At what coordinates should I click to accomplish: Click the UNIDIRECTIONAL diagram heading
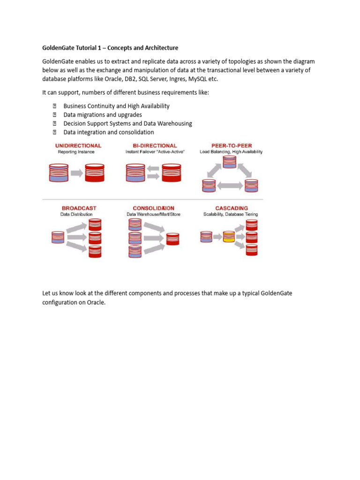point(78,146)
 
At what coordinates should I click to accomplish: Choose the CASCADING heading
point(232,208)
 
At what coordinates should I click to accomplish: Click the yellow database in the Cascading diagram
point(229,237)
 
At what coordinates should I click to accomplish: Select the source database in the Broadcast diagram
point(58,237)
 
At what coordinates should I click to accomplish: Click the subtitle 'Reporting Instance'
point(76,152)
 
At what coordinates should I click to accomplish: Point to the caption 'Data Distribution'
point(76,214)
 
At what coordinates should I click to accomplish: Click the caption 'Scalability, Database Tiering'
point(231,214)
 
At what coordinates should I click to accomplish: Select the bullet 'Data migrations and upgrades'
point(102,115)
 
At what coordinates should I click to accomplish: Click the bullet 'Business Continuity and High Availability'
point(116,106)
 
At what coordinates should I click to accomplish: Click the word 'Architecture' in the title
point(158,48)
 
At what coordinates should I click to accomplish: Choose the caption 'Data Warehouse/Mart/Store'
point(153,214)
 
